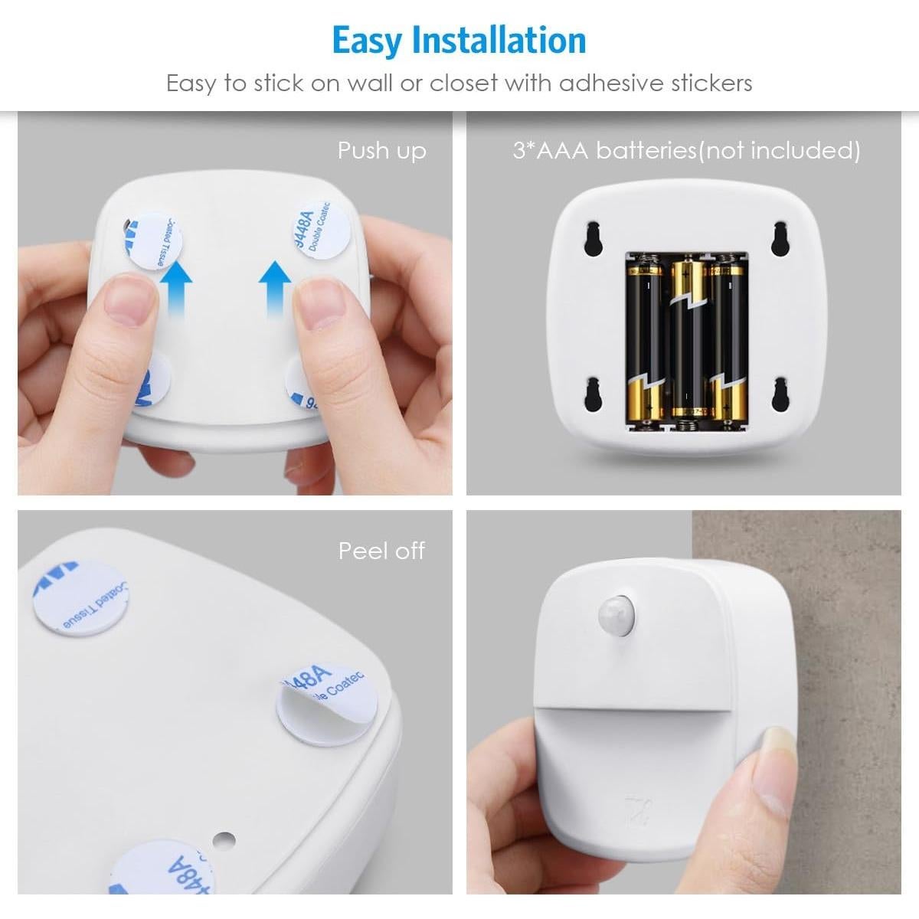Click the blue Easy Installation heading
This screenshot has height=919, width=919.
pyautogui.click(x=459, y=40)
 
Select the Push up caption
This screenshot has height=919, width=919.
pyautogui.click(x=381, y=151)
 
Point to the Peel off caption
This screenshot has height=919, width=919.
pyautogui.click(x=381, y=551)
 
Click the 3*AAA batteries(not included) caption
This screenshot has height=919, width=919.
pyautogui.click(x=686, y=151)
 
